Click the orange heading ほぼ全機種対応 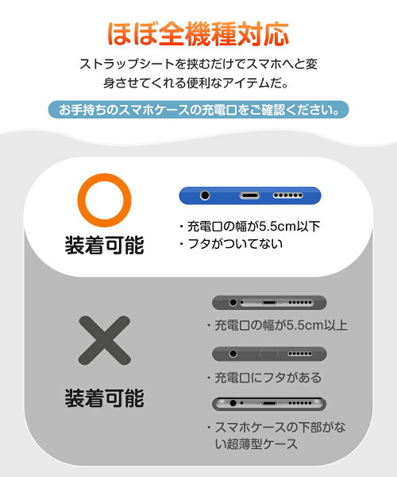tap(198, 33)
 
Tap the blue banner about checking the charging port tap(198, 110)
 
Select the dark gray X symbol tap(104, 340)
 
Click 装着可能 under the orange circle tap(104, 245)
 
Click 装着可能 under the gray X tap(104, 398)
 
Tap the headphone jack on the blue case tap(205, 195)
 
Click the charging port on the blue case tap(249, 195)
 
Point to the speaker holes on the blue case tap(288, 195)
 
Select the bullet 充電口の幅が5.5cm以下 tap(249, 227)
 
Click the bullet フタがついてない tap(231, 244)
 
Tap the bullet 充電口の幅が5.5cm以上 tap(277, 325)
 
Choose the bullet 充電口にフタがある tap(264, 378)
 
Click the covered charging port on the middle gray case tap(269, 354)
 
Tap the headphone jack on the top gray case tap(233, 302)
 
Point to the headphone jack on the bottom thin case tap(233, 403)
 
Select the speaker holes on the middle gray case tap(300, 354)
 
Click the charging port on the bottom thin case tap(269, 403)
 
